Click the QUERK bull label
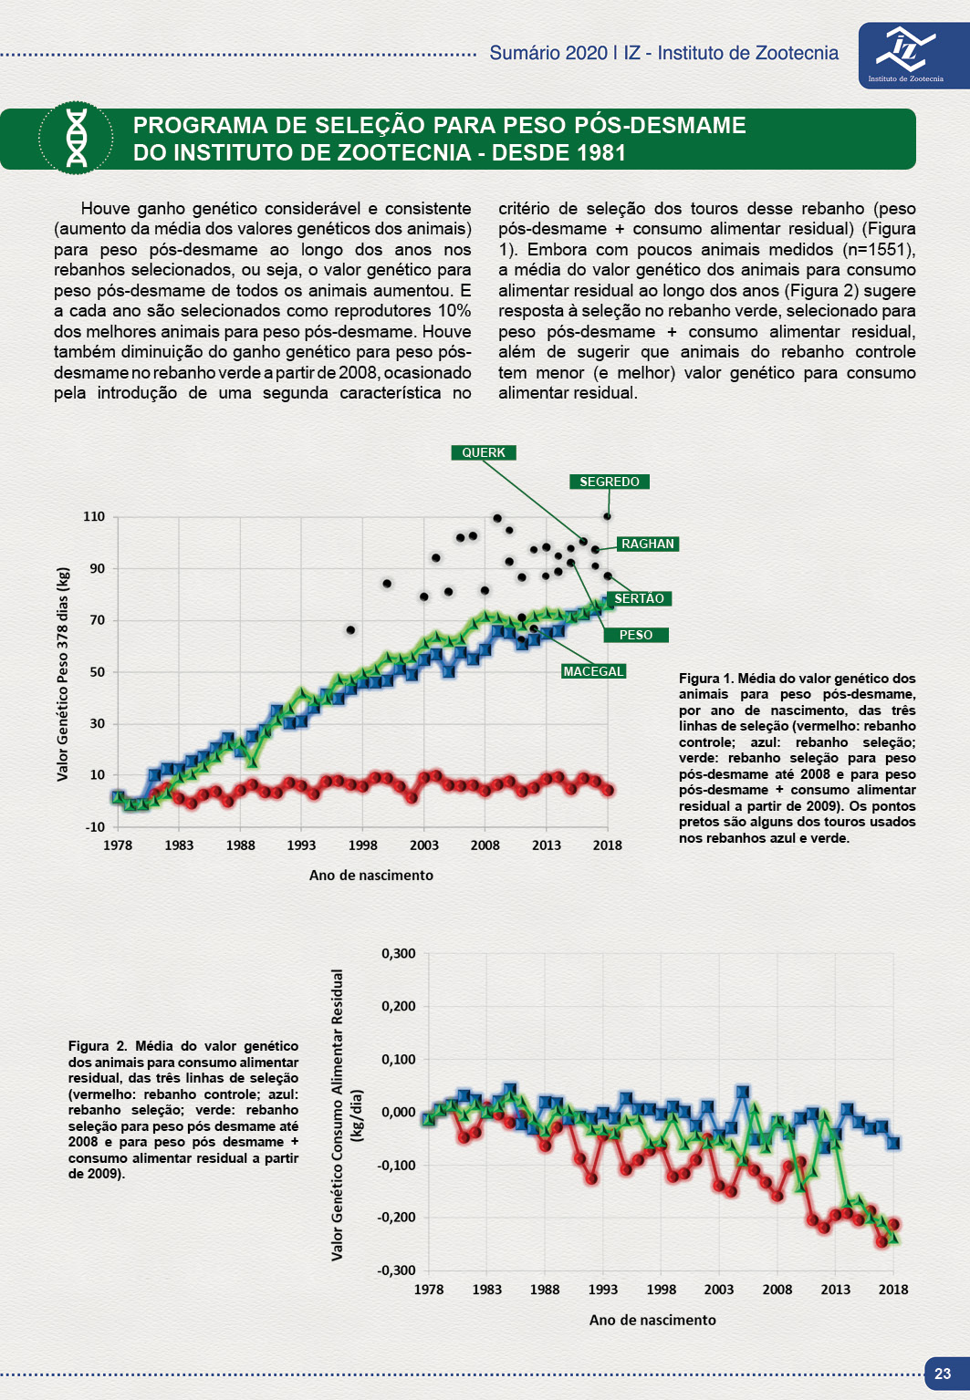484,452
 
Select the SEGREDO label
610,482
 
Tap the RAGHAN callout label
647,544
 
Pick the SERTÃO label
639,598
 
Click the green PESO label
636,635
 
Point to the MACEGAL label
593,671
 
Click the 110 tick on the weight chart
94,516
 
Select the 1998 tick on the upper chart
362,845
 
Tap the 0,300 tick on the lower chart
398,953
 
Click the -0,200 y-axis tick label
396,1217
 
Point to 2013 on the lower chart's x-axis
835,1290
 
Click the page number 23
943,1374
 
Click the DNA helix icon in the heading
77,139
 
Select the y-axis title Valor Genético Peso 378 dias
63,674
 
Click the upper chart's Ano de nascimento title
370,875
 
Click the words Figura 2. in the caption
98,1046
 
